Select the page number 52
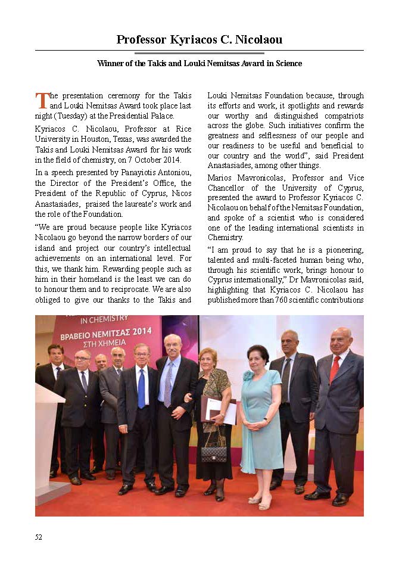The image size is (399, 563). coord(39,537)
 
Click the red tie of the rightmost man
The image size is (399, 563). coord(335,368)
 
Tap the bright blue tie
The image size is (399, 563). coord(141,387)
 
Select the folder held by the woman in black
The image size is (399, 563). coord(219,411)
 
